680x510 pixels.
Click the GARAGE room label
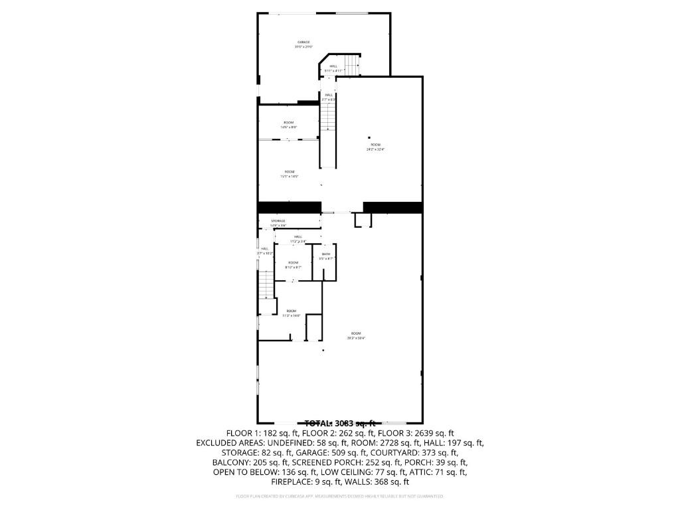click(303, 42)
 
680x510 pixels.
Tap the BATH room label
click(326, 254)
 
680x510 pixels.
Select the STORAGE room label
click(278, 220)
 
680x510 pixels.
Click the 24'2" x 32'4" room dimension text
click(375, 149)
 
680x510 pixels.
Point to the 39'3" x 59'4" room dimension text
click(356, 338)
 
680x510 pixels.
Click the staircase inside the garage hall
click(351, 66)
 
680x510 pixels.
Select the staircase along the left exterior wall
click(266, 286)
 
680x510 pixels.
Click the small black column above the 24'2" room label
click(369, 137)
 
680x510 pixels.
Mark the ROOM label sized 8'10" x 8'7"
click(293, 263)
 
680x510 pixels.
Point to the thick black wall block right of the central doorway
click(392, 207)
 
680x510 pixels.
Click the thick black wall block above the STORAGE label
click(280, 207)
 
